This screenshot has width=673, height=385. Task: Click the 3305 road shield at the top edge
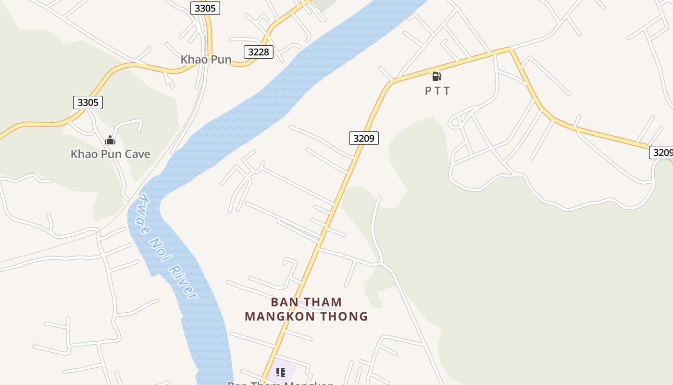tap(205, 8)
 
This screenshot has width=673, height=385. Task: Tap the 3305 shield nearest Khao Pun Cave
tap(88, 102)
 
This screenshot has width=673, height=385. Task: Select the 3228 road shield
tap(259, 52)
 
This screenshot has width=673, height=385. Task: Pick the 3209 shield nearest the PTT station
tap(364, 139)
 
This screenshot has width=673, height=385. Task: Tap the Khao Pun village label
tap(206, 60)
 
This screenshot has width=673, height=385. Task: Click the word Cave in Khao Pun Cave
tap(136, 154)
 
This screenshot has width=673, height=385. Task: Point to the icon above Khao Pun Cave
tap(110, 140)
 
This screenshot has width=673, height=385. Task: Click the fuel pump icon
tap(436, 76)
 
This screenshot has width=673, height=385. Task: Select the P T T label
tap(437, 90)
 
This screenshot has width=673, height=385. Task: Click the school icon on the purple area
tap(281, 372)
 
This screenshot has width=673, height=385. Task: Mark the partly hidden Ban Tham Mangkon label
tap(280, 383)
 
